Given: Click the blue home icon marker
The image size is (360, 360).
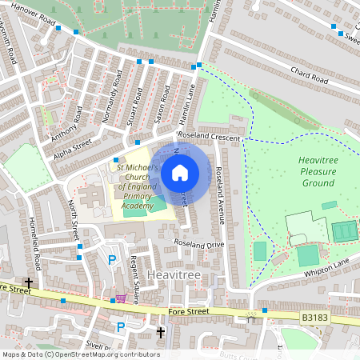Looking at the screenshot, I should [180, 173].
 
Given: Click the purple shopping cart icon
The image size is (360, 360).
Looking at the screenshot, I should [121, 299].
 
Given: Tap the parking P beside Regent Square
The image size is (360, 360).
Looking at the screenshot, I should [112, 260].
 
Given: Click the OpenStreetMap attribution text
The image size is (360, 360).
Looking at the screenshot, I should [81, 354].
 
